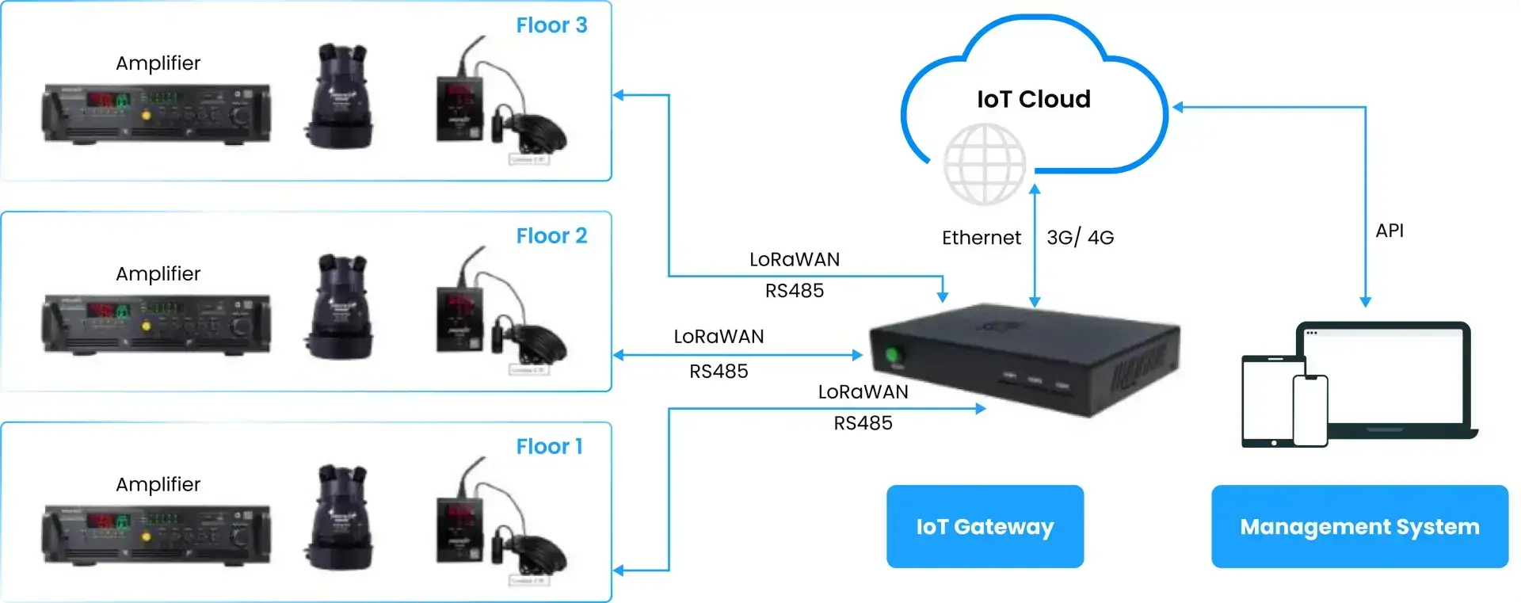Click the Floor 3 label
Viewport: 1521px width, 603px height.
pyautogui.click(x=551, y=25)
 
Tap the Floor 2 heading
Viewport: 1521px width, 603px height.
pyautogui.click(x=551, y=236)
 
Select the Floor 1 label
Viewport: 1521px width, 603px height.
pyautogui.click(x=549, y=447)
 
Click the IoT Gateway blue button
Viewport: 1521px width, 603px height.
pyautogui.click(x=985, y=527)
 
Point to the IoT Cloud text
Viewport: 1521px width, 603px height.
pyautogui.click(x=1033, y=99)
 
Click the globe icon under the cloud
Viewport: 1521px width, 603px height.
pyautogui.click(x=985, y=164)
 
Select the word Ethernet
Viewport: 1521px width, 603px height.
pyautogui.click(x=981, y=238)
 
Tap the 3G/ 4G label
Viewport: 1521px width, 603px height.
pyautogui.click(x=1080, y=238)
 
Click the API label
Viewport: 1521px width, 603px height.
pyautogui.click(x=1389, y=231)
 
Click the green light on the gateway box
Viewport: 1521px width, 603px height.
pyautogui.click(x=894, y=354)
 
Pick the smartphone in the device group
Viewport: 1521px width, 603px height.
pyautogui.click(x=1310, y=410)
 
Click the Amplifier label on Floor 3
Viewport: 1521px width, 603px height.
pyautogui.click(x=158, y=63)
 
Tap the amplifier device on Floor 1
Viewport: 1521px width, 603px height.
pyautogui.click(x=156, y=536)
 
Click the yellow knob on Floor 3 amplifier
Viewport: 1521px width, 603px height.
pyautogui.click(x=146, y=116)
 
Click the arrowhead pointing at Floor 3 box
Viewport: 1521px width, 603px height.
pyautogui.click(x=619, y=95)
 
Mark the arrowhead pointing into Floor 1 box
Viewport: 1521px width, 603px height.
pyautogui.click(x=619, y=571)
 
